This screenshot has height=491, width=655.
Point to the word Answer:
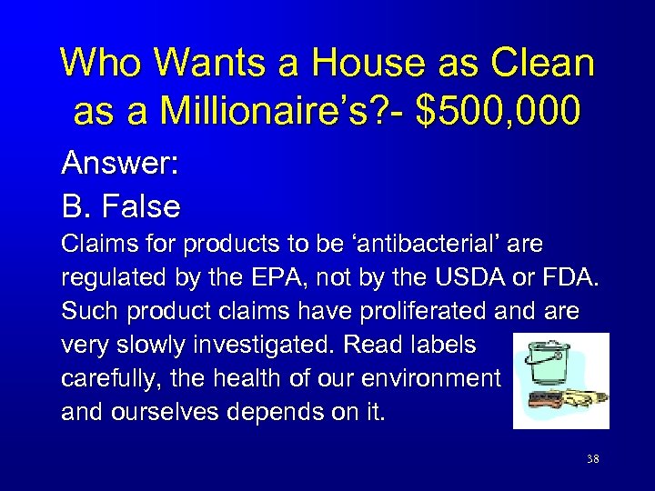[119, 165]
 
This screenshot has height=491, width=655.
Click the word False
[141, 206]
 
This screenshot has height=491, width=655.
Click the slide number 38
[592, 459]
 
